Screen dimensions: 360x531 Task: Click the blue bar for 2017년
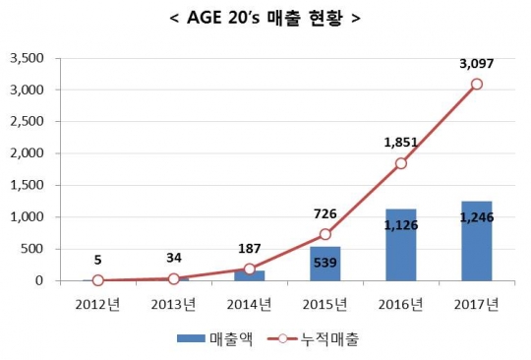pyautogui.click(x=476, y=241)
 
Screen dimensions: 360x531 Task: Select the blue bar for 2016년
pyautogui.click(x=400, y=245)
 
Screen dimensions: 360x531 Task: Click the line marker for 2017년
pyautogui.click(x=476, y=84)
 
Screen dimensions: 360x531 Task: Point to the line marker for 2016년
pyautogui.click(x=400, y=163)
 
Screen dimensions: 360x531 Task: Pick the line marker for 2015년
pyautogui.click(x=325, y=234)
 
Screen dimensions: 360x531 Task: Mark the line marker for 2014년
pyautogui.click(x=250, y=269)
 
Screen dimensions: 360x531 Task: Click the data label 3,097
pyautogui.click(x=476, y=63)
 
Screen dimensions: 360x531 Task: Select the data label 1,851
pyautogui.click(x=401, y=142)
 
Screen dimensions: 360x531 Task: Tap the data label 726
pyautogui.click(x=325, y=212)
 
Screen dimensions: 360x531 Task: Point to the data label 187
pyautogui.click(x=250, y=247)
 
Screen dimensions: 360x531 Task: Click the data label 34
pyautogui.click(x=175, y=258)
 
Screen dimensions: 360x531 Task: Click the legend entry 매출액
pyautogui.click(x=222, y=338)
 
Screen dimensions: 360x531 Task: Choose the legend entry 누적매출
pyautogui.click(x=324, y=338)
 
